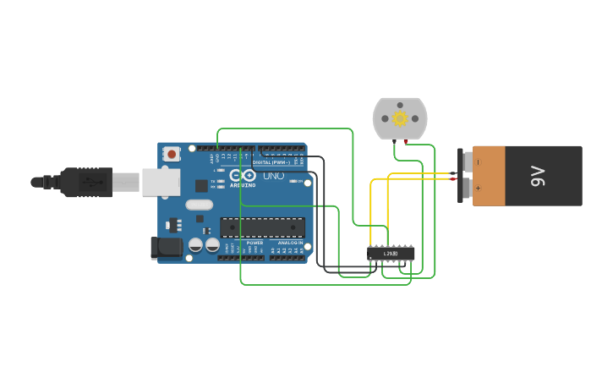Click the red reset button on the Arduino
(x=172, y=154)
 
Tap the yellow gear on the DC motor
(x=400, y=118)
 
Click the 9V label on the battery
(x=538, y=176)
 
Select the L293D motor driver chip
(x=391, y=253)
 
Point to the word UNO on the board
(x=274, y=176)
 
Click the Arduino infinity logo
(x=242, y=175)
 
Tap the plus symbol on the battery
(x=478, y=189)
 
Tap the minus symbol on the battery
(x=478, y=161)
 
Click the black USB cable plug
(x=85, y=182)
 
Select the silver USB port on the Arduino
(x=160, y=182)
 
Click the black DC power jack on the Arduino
(x=167, y=247)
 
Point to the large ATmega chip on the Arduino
(x=262, y=227)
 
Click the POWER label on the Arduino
(x=255, y=243)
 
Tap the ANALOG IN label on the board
(x=290, y=243)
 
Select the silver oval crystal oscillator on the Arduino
(x=199, y=205)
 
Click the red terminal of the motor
(x=406, y=141)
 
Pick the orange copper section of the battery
(x=489, y=176)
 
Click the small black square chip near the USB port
(x=201, y=185)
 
